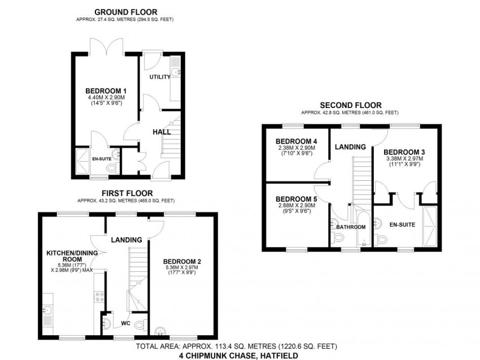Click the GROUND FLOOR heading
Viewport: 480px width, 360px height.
pyautogui.click(x=125, y=12)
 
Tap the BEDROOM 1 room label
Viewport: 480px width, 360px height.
pyautogui.click(x=106, y=91)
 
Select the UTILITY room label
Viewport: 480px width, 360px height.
pyautogui.click(x=160, y=77)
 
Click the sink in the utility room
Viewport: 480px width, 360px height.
pyautogui.click(x=176, y=72)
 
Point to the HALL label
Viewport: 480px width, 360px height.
pyautogui.click(x=162, y=132)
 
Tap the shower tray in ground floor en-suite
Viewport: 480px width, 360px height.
pyautogui.click(x=82, y=162)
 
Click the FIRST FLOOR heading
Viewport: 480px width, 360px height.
pyautogui.click(x=127, y=193)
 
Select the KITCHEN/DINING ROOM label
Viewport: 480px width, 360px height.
pyautogui.click(x=72, y=256)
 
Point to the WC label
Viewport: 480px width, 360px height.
pyautogui.click(x=125, y=323)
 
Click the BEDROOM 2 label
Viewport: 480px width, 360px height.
pyautogui.click(x=182, y=262)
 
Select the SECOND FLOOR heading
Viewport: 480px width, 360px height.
pyautogui.click(x=351, y=105)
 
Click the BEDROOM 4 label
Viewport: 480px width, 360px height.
pyautogui.click(x=296, y=141)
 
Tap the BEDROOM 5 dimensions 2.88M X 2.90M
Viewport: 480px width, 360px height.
pyautogui.click(x=296, y=206)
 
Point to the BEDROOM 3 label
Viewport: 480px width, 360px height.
pyautogui.click(x=404, y=152)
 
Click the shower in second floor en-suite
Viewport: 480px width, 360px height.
pyautogui.click(x=430, y=227)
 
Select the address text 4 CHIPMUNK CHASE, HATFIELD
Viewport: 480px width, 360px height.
pyautogui.click(x=238, y=355)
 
